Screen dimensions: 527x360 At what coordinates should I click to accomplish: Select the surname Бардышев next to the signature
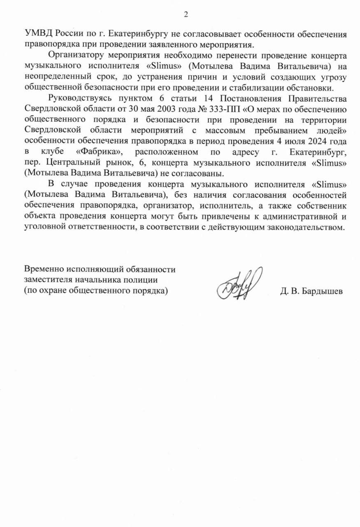(321, 291)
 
